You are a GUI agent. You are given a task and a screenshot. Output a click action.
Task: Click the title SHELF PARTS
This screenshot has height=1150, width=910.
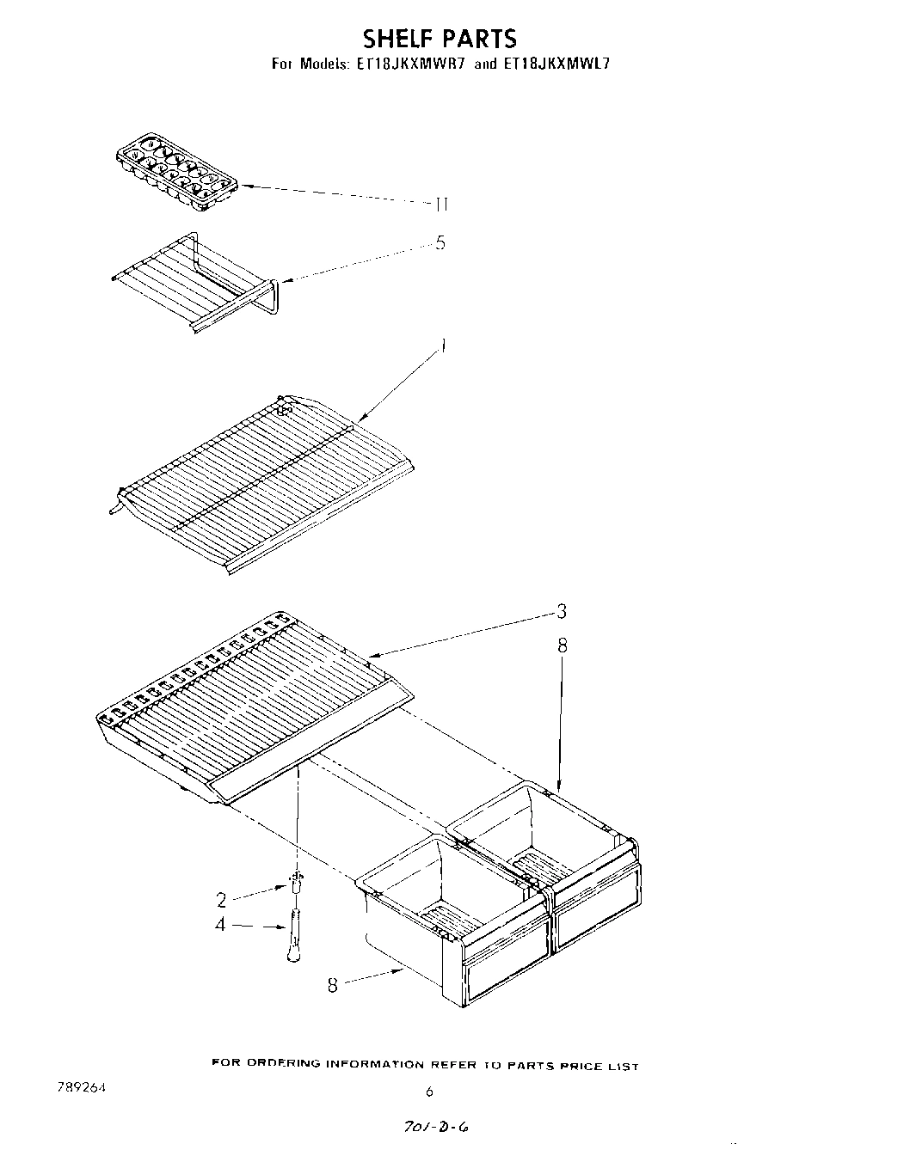point(440,38)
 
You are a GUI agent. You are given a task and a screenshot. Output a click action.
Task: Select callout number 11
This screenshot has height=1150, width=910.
point(440,205)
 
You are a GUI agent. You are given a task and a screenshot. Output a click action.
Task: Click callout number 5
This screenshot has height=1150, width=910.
point(440,243)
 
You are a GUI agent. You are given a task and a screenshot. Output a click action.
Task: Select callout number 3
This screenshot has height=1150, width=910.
point(561,611)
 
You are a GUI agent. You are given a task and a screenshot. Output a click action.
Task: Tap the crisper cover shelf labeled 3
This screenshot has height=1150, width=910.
point(249,705)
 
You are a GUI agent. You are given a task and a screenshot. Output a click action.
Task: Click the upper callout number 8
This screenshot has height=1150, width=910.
point(562,645)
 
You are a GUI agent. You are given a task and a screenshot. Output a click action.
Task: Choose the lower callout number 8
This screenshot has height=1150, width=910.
point(333,987)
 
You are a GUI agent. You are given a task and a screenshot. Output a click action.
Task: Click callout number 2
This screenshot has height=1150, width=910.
point(221,900)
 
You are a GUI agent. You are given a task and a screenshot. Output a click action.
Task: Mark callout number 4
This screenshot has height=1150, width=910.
point(221,926)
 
